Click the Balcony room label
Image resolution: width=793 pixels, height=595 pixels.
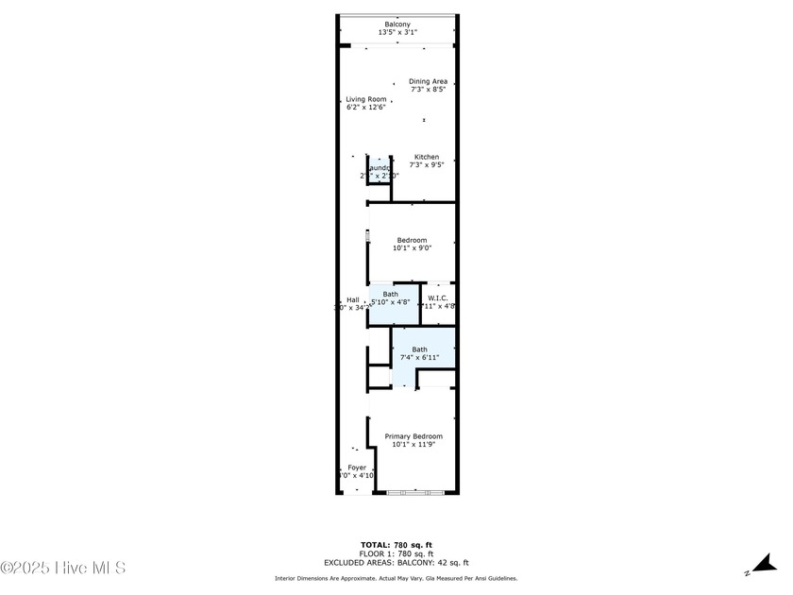396,24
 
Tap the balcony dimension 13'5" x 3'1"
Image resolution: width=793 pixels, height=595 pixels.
396,32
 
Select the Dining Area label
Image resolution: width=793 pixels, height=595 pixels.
428,81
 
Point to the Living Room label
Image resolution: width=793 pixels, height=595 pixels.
365,99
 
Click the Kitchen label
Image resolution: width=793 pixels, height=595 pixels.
427,157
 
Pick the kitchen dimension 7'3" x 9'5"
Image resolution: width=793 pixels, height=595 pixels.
427,165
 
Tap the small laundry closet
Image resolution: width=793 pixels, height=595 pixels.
379,171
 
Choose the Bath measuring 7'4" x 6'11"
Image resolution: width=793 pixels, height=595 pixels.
419,353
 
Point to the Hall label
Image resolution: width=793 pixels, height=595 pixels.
352,299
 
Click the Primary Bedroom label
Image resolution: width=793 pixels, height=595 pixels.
413,436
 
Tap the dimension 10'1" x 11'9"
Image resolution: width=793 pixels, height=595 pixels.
413,445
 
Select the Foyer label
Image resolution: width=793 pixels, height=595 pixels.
357,467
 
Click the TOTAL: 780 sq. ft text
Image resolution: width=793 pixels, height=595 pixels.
396,545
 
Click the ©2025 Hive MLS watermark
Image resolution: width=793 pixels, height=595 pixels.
62,568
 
